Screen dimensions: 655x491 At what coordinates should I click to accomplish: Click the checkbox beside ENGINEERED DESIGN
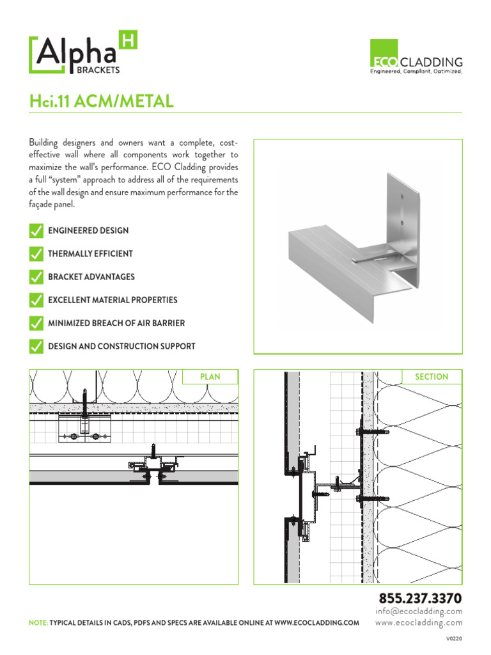[36, 230]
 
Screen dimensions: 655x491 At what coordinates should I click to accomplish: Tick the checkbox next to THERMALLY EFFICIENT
[36, 254]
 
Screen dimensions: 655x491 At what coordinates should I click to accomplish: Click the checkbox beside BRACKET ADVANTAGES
[36, 277]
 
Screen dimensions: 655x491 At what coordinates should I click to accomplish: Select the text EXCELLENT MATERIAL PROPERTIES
[113, 300]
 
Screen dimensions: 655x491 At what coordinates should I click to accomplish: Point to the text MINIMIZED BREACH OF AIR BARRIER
[116, 323]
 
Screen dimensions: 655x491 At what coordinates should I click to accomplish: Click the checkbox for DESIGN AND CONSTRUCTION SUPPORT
[36, 347]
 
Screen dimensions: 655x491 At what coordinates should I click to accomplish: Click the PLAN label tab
[210, 377]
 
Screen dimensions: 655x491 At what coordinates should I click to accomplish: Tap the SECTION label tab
[432, 377]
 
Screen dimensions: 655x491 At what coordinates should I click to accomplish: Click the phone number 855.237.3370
[420, 599]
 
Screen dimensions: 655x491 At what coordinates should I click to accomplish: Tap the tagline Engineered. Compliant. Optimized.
[417, 72]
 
